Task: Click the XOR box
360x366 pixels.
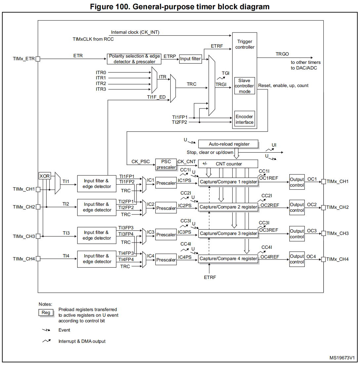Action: [45, 176]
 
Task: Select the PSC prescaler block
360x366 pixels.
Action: [166, 164]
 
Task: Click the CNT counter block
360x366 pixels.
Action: [228, 164]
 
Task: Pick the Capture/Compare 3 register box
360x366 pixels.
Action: [228, 233]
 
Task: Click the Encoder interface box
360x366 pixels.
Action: [244, 119]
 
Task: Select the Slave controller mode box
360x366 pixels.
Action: [245, 86]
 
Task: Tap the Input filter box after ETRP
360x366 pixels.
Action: [190, 59]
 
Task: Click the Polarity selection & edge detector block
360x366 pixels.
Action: [134, 59]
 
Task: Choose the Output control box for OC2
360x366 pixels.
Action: [297, 207]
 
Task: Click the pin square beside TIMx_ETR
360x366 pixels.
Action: [38, 59]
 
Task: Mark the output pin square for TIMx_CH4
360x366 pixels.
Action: [324, 259]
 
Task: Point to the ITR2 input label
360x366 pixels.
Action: [101, 84]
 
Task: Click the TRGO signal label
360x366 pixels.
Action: [282, 54]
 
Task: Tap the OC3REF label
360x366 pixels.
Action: [269, 230]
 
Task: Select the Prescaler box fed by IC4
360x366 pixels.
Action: [166, 259]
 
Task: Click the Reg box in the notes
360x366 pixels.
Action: [46, 312]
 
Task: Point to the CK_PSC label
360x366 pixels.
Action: [140, 161]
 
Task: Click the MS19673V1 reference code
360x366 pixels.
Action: [342, 358]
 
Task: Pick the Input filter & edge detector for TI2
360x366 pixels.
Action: [97, 207]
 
